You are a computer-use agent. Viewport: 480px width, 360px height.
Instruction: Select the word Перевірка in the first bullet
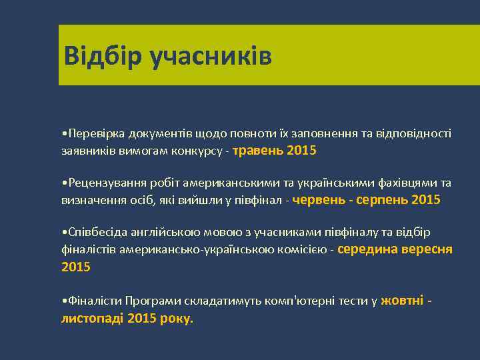(92, 134)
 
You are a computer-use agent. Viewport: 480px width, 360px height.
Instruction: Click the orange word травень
(257, 151)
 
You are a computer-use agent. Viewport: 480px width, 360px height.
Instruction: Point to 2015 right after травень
(301, 151)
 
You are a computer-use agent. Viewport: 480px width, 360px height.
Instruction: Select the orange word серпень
(383, 200)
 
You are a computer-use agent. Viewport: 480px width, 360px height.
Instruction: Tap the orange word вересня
(429, 249)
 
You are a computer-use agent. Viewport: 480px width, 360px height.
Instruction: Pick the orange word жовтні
(401, 301)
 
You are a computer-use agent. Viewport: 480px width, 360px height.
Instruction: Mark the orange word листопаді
(92, 319)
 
